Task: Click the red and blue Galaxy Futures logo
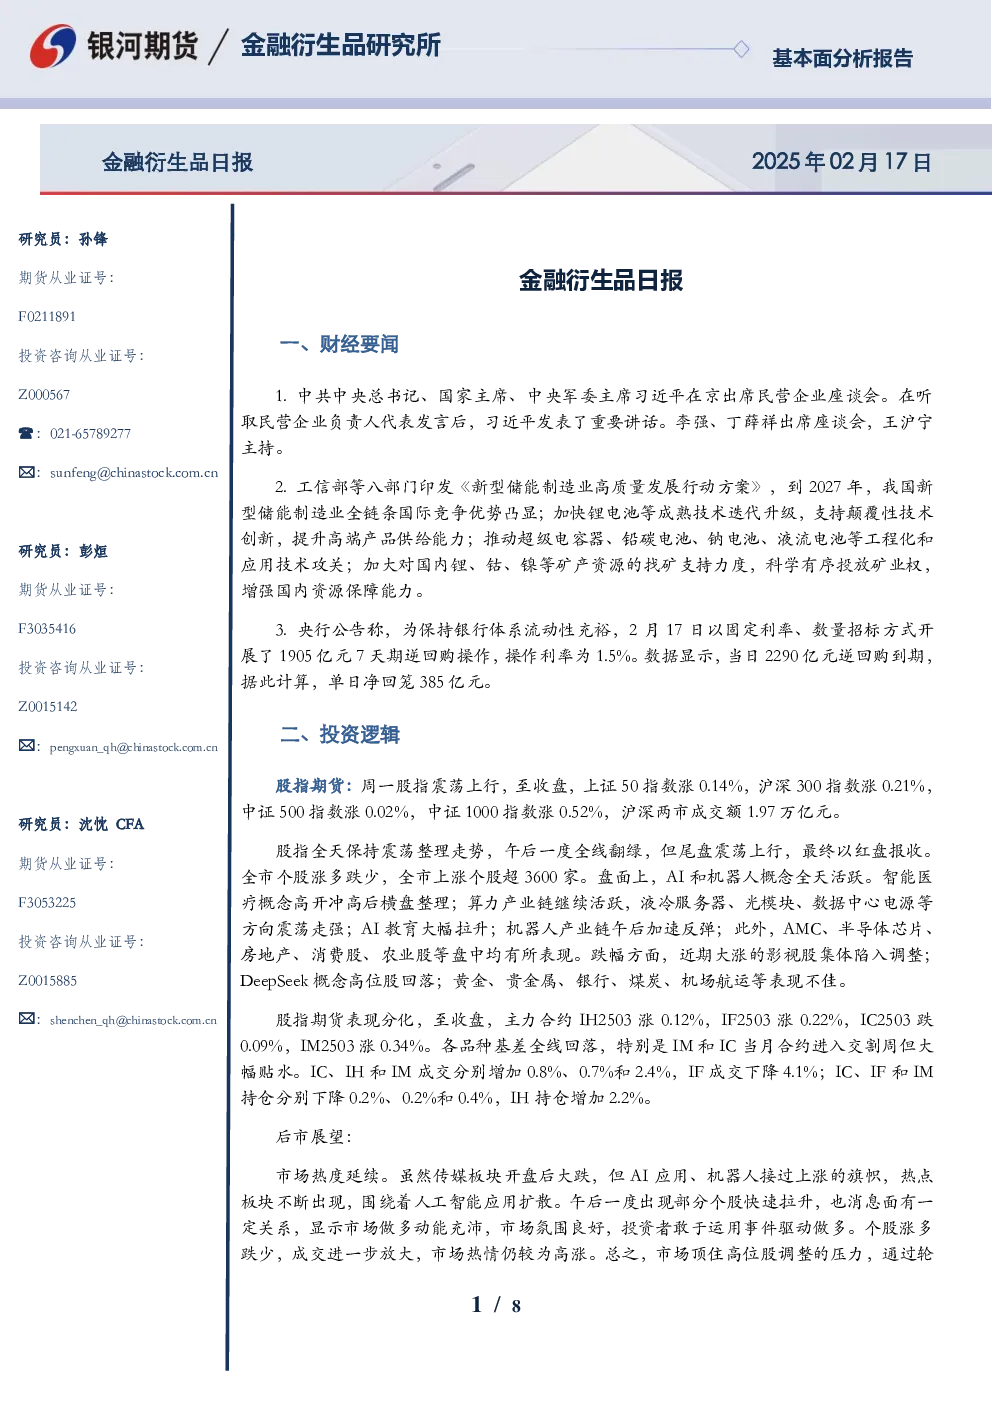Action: tap(53, 46)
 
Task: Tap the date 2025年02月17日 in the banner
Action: tap(841, 162)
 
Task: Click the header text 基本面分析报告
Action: tap(842, 58)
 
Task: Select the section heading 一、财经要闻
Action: tap(339, 344)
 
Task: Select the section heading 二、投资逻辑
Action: tap(339, 734)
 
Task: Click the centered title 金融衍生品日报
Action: tap(601, 280)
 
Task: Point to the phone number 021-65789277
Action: tap(90, 433)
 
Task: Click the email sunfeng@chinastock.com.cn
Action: tap(134, 473)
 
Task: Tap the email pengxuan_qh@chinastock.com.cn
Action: tap(134, 747)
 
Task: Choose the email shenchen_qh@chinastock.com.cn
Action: tap(133, 1020)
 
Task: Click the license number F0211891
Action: tap(47, 316)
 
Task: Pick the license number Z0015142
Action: tap(48, 707)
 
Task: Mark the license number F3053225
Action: tap(47, 903)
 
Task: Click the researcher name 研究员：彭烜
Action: tap(63, 551)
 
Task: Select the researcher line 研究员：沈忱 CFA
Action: tap(81, 824)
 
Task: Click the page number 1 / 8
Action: tap(496, 1305)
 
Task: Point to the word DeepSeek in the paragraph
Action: tap(274, 981)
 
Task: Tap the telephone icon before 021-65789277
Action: tap(26, 433)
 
